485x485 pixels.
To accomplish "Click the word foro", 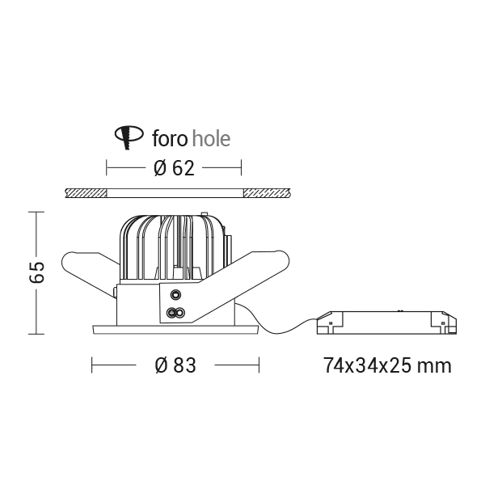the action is click(x=170, y=138).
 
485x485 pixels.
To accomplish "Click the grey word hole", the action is click(x=211, y=138).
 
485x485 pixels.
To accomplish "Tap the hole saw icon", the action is click(x=129, y=137).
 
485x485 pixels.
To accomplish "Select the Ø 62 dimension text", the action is click(x=174, y=168).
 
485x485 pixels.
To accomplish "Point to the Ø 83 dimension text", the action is click(x=175, y=365).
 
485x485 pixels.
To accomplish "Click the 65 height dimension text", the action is click(x=37, y=272).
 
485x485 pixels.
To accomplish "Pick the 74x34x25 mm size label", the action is click(x=387, y=365).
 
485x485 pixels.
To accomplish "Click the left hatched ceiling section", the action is click(x=86, y=193).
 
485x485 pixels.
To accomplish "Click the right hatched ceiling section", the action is click(x=267, y=193).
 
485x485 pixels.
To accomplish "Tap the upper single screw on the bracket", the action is click(x=175, y=294).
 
